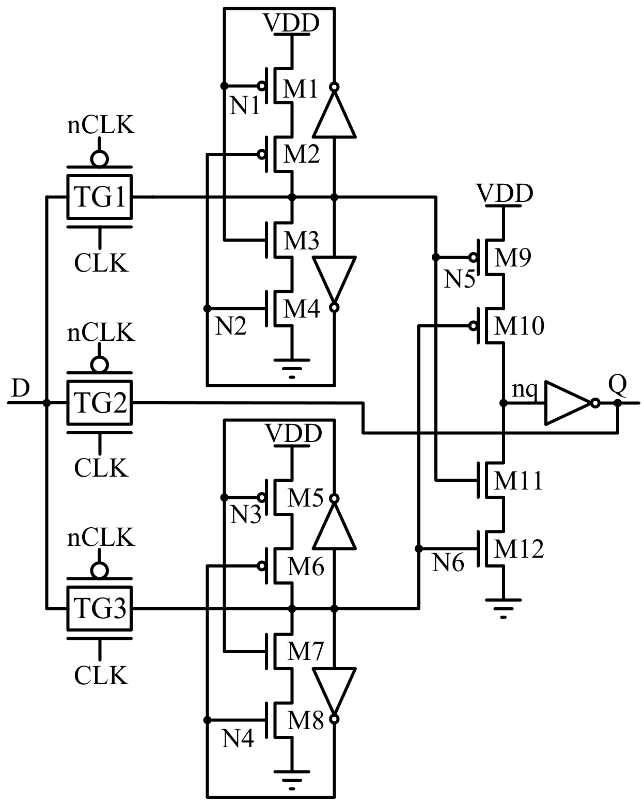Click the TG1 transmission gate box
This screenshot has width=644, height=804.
click(x=100, y=197)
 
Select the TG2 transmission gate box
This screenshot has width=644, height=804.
click(x=100, y=403)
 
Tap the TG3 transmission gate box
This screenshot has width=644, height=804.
click(x=100, y=609)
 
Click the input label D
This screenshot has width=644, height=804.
click(x=20, y=388)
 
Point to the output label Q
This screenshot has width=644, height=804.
click(x=617, y=384)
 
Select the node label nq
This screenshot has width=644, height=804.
click(x=524, y=390)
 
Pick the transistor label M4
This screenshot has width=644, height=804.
click(x=302, y=309)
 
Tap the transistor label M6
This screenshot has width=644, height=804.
click(x=305, y=567)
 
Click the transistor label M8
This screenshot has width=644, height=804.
click(x=305, y=720)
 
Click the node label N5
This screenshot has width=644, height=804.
click(x=459, y=279)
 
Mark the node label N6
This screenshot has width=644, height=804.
click(x=448, y=563)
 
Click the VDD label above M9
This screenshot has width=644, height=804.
click(x=504, y=194)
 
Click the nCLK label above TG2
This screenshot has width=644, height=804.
click(x=101, y=333)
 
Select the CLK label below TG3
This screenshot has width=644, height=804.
click(x=101, y=675)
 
